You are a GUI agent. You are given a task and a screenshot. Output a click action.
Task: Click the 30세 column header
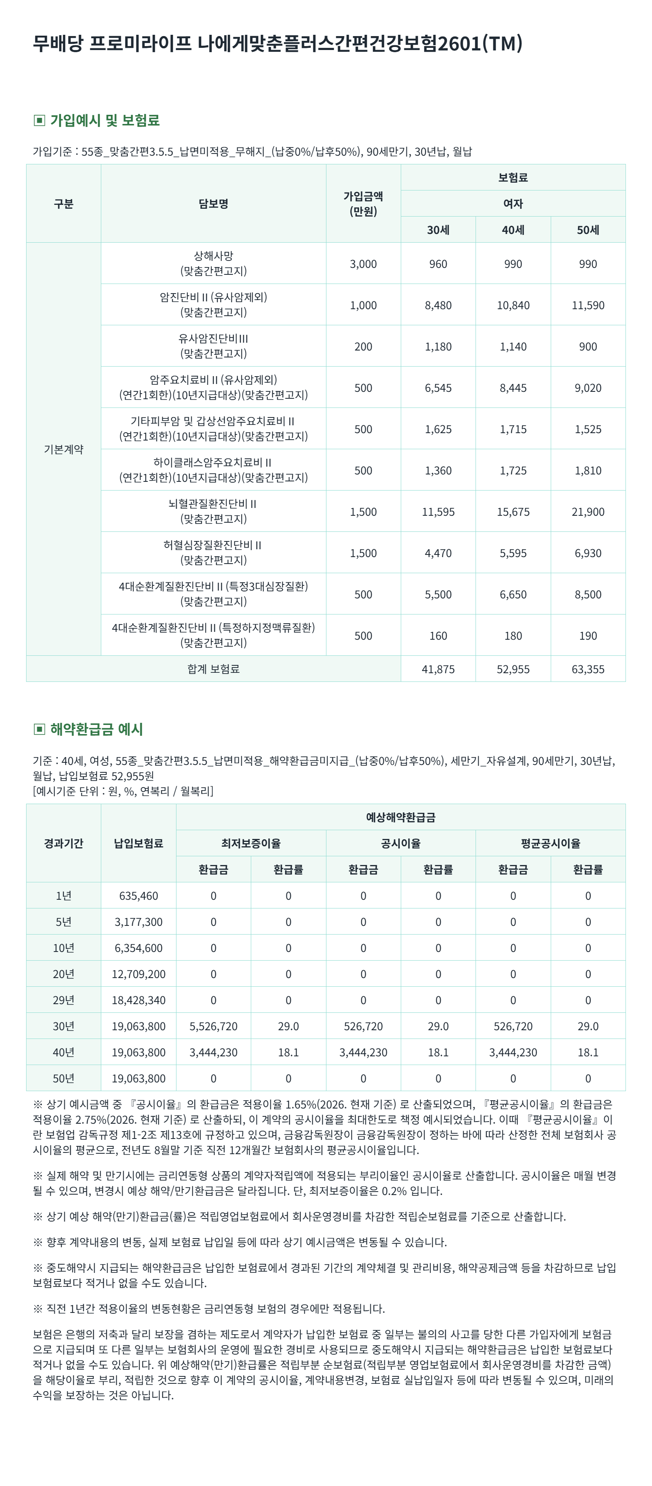tap(438, 230)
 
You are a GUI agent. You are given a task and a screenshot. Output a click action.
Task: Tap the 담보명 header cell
tap(213, 204)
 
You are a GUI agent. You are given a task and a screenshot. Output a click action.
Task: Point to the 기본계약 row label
tap(63, 449)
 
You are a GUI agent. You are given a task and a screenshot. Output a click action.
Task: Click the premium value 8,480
tap(438, 305)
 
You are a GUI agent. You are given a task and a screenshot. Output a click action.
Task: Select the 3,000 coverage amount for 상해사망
tap(363, 264)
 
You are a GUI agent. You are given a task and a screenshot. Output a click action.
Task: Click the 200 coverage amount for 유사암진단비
tap(363, 347)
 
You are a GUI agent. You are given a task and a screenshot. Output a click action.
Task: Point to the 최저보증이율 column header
tap(251, 843)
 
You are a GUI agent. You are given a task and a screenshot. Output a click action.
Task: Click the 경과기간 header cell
tap(63, 843)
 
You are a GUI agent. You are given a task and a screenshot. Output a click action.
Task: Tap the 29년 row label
tap(63, 1000)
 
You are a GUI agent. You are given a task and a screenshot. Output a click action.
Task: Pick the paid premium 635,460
tap(138, 896)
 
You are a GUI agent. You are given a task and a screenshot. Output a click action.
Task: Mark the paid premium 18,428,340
tap(138, 1000)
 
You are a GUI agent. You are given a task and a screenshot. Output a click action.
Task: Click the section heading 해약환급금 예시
tap(96, 729)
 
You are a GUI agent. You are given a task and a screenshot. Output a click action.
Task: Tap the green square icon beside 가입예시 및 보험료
tap(39, 120)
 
